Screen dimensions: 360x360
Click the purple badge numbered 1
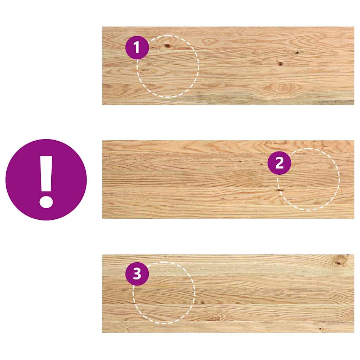pyautogui.click(x=137, y=48)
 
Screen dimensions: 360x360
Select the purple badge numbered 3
pyautogui.click(x=137, y=274)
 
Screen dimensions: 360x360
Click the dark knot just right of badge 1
pyautogui.click(x=167, y=46)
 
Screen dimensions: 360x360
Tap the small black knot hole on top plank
pyautogui.click(x=297, y=53)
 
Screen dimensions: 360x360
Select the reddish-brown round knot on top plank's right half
pyautogui.click(x=281, y=64)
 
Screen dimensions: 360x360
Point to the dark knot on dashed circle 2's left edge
pyautogui.click(x=280, y=190)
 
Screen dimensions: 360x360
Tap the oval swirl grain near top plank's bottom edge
pyautogui.click(x=281, y=88)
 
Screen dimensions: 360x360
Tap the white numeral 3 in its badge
pyautogui.click(x=137, y=274)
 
